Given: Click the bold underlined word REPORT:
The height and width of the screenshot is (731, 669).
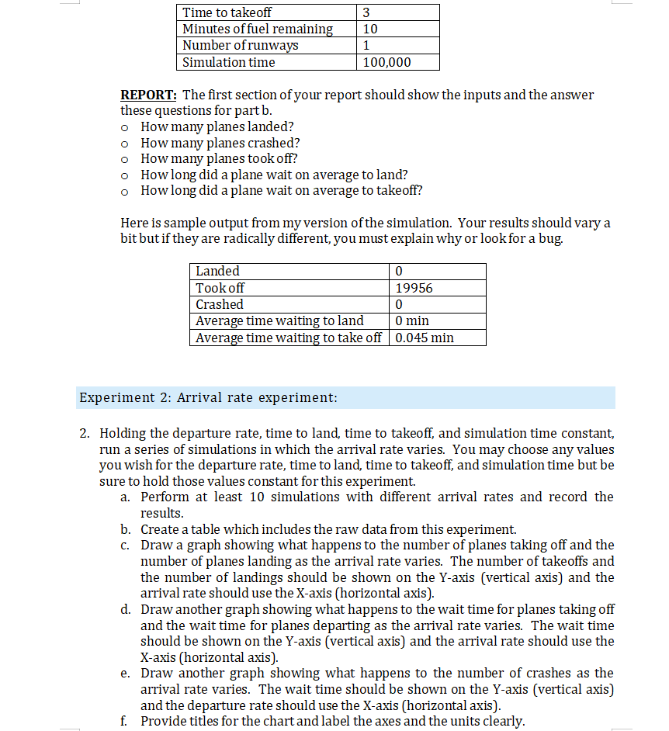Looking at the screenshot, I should coord(149,95).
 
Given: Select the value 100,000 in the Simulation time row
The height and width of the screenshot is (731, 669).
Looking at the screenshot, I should coord(386,62).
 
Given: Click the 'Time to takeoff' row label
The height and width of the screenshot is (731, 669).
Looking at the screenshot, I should coord(227,12).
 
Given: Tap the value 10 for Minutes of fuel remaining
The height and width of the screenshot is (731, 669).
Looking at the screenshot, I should coord(370,29).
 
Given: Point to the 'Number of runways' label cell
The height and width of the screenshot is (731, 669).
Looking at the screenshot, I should coord(240,45).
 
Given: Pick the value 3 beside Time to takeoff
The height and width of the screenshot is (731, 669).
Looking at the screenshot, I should coord(366,12).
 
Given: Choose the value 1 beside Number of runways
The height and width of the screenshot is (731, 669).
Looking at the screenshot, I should coord(366,45).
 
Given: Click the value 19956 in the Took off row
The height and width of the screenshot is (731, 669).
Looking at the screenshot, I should coord(414,288).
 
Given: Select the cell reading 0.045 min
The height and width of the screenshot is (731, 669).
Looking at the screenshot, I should coord(424,338).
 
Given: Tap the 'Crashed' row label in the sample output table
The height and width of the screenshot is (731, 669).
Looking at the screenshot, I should coord(219,304).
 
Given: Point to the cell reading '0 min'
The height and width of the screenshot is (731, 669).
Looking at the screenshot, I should coord(411,320).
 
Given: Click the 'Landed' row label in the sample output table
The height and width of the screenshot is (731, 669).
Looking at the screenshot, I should coord(217,271).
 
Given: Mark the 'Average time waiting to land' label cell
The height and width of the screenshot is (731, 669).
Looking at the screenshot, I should coord(279,320).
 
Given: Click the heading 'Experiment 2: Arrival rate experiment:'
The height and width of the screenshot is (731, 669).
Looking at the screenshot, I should coord(208,398).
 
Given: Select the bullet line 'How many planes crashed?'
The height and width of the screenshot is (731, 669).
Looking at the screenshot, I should coord(220,143).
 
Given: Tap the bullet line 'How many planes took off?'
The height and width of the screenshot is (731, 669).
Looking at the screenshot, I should coord(220,158).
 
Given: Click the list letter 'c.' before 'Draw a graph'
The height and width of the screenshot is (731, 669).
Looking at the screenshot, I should coord(126,545).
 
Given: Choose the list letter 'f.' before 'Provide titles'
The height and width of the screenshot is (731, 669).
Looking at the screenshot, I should coord(125,721).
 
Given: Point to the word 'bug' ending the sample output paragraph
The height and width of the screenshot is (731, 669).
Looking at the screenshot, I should coord(549,238).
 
